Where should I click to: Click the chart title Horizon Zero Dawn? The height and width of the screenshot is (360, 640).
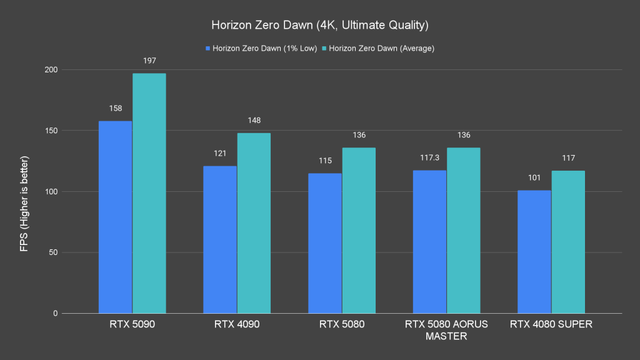click(x=319, y=26)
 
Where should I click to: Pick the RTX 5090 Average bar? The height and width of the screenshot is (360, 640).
click(x=149, y=193)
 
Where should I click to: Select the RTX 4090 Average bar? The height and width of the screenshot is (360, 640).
click(x=254, y=223)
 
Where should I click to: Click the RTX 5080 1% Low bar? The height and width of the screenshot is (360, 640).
click(x=324, y=243)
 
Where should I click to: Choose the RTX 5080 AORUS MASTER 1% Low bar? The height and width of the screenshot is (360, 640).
click(x=429, y=242)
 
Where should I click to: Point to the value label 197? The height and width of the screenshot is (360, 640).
click(x=149, y=61)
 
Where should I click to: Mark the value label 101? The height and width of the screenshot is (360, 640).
click(x=534, y=177)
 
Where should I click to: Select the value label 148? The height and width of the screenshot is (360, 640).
click(x=254, y=120)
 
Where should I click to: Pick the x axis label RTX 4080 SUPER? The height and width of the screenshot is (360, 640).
click(x=551, y=324)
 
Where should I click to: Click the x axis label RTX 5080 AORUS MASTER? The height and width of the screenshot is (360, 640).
click(x=446, y=330)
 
